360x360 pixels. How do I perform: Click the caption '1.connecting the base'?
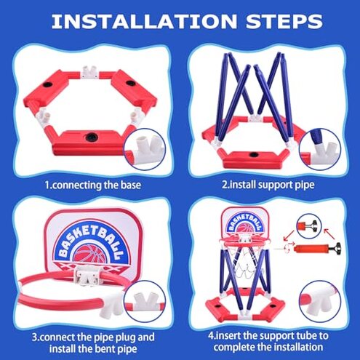[x=92, y=185]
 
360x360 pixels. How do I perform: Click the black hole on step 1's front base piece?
[x=93, y=136]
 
